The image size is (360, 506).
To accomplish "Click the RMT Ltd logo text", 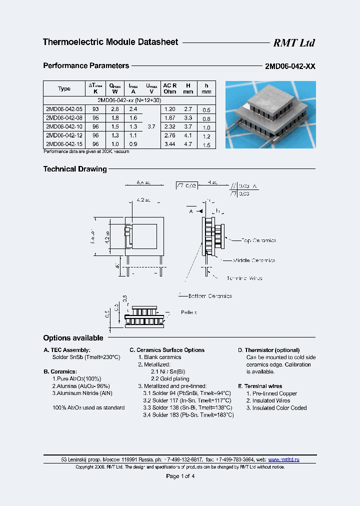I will click(x=293, y=43).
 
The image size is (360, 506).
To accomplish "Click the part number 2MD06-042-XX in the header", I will click(x=290, y=66).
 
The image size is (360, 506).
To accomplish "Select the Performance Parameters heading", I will click(x=86, y=65).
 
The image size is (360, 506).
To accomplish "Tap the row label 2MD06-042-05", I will click(x=64, y=109).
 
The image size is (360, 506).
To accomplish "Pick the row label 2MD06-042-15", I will click(x=64, y=143).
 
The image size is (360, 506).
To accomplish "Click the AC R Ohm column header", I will click(x=170, y=88).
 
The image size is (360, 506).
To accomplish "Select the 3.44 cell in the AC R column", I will click(x=170, y=143).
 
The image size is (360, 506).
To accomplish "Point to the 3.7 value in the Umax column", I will click(x=151, y=126).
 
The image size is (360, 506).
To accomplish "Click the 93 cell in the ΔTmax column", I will click(x=95, y=109).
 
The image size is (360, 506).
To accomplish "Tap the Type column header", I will click(x=64, y=88).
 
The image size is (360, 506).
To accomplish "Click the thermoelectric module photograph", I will click(x=270, y=114).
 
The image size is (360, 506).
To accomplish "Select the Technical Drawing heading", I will click(x=75, y=169).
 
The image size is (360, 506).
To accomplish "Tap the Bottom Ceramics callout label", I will click(x=210, y=296).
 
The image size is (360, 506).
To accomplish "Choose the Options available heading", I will click(x=73, y=338).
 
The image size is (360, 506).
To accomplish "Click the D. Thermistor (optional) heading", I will click(x=268, y=350).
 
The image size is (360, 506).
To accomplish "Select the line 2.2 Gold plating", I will click(x=169, y=379).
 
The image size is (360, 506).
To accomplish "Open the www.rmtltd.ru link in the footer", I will click(x=284, y=459).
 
